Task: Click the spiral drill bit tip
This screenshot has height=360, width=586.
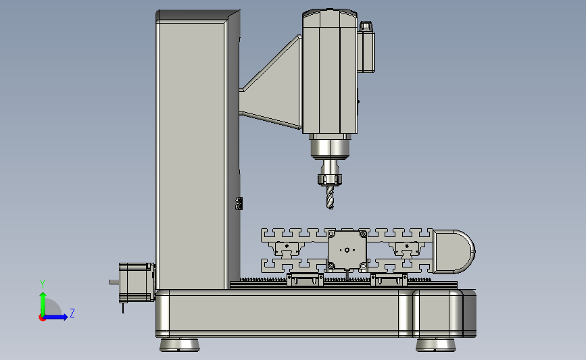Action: tap(330, 207)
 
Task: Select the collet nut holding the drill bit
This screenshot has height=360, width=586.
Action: tap(330, 179)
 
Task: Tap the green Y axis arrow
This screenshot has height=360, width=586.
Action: tap(43, 304)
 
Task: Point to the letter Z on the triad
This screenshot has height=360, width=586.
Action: tap(72, 313)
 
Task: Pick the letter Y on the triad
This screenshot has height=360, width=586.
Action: tap(43, 284)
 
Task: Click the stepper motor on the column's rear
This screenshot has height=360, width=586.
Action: tap(137, 282)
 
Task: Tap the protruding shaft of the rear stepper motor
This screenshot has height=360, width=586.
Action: tap(114, 282)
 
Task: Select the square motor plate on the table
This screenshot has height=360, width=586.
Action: tap(347, 250)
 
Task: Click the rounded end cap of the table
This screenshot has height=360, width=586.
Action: tap(454, 251)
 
